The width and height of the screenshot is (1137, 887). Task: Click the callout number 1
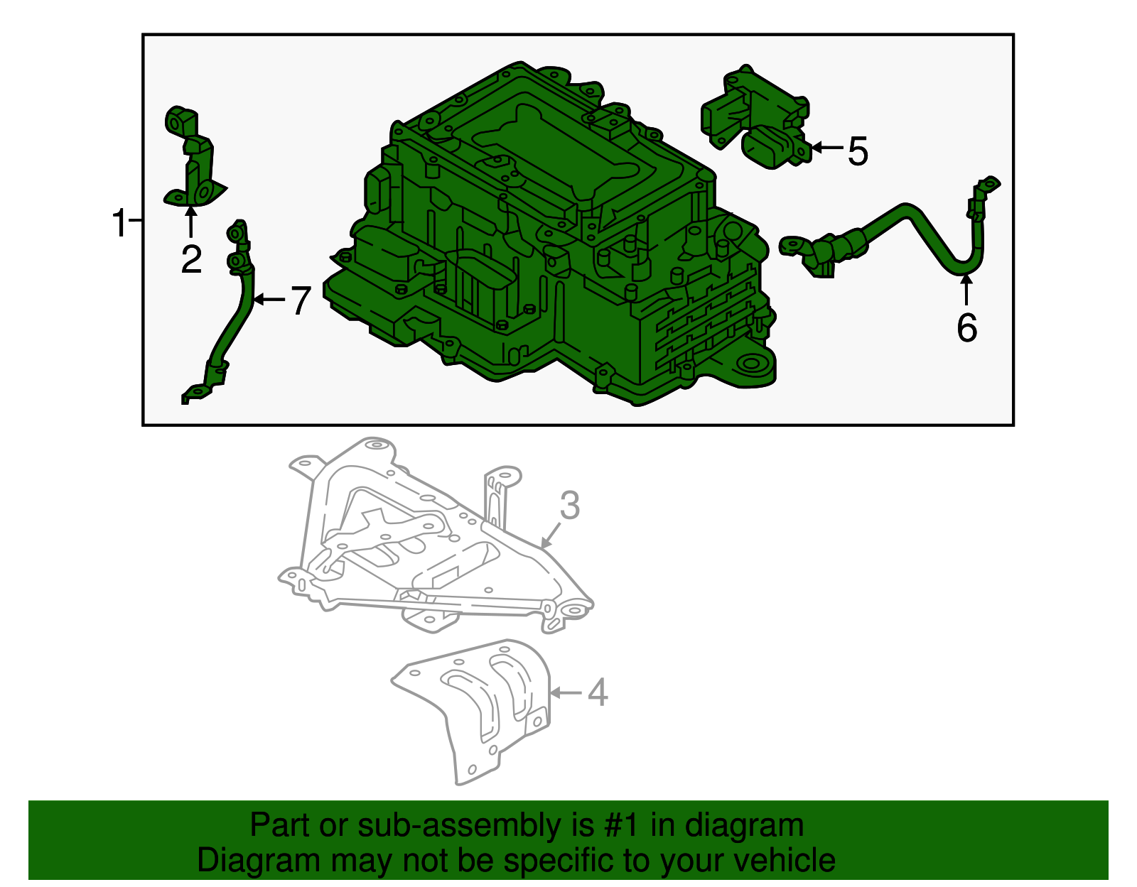[119, 223]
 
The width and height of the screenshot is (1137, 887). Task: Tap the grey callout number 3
[570, 505]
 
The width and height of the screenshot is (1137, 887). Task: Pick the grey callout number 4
[598, 692]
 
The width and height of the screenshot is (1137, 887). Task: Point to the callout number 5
[858, 151]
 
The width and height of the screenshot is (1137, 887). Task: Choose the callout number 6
[966, 327]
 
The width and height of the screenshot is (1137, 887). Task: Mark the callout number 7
[301, 300]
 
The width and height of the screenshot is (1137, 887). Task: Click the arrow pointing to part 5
[826, 148]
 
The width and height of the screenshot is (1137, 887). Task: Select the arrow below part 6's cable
[966, 290]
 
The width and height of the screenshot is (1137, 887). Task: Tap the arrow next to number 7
[269, 300]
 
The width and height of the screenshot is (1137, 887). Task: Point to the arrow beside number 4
[566, 693]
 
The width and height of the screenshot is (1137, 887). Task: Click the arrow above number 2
[191, 222]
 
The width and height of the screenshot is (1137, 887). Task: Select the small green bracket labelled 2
[193, 157]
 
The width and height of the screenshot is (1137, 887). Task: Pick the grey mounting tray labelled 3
[436, 535]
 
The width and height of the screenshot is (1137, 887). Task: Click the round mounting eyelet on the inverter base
[751, 364]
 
